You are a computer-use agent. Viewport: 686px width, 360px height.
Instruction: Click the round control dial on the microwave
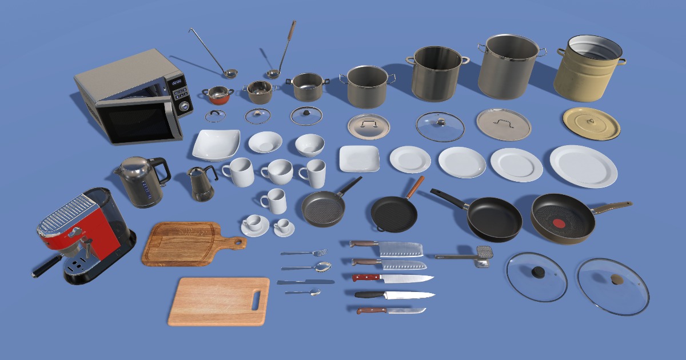pos(184,106)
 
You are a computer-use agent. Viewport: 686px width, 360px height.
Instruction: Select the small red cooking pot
pos(218,95)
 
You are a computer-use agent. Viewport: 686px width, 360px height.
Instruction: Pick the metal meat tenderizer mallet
pos(469,257)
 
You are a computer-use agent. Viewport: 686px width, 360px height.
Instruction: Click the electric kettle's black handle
pos(162,171)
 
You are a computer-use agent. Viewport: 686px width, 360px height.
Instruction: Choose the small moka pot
pos(201,184)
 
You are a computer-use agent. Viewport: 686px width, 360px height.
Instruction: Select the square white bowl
pos(215,145)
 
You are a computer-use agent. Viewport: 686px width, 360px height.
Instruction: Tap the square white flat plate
pos(359,158)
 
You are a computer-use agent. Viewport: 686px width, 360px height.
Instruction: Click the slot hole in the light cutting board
pos(257,298)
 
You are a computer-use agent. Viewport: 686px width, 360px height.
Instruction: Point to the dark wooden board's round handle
pos(238,243)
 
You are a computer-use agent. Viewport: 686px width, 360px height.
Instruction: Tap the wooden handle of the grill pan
pos(416,186)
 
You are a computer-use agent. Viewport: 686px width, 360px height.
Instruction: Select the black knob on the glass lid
pos(538,273)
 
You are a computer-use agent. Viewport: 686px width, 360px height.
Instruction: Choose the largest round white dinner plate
pos(584,166)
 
